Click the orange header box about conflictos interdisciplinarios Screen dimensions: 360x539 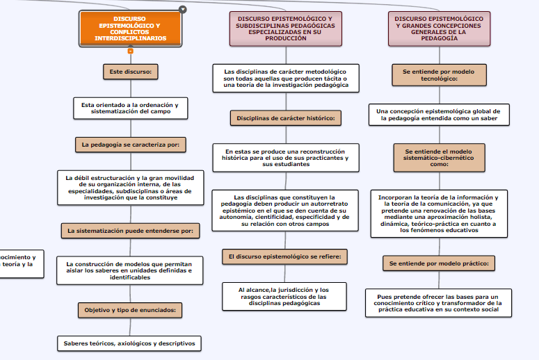tap(130, 28)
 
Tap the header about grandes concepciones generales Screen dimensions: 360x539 tap(439, 28)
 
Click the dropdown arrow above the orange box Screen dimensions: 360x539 tap(183, 9)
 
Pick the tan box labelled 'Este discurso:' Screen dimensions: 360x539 tap(131, 71)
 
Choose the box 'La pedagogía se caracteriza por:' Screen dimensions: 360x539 tap(130, 145)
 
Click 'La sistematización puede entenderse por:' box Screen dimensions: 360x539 tap(130, 231)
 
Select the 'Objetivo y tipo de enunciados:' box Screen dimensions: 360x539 tap(130, 310)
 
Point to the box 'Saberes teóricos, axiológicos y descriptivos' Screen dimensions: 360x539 tap(130, 343)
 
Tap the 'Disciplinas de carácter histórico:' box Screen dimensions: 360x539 tap(286, 118)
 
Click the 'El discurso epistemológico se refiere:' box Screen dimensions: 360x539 tap(285, 256)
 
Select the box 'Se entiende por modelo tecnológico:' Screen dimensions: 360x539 tap(438, 75)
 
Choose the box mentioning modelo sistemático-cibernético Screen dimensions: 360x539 tap(439, 158)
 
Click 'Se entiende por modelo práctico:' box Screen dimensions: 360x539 tap(439, 263)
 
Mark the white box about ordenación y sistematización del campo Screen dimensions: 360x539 tap(130, 108)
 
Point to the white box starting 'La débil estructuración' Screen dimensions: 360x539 tap(130, 188)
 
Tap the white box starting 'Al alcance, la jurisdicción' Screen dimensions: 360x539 tap(284, 296)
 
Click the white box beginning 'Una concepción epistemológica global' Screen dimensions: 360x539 tap(438, 115)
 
